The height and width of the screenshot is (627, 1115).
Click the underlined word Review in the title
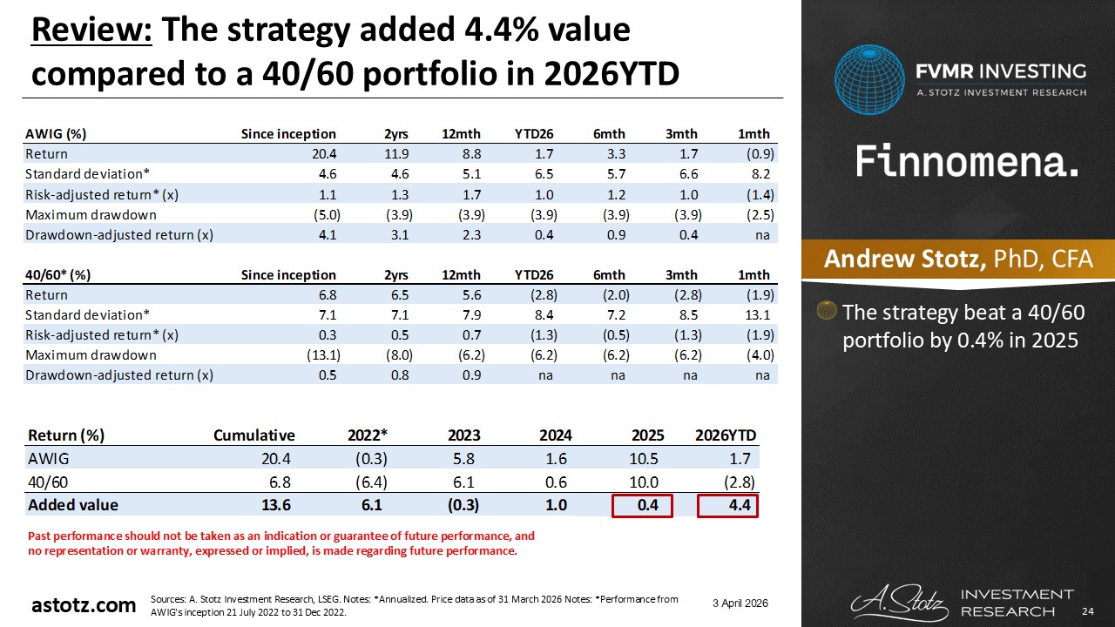(x=91, y=30)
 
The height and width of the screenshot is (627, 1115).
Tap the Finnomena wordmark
(x=967, y=162)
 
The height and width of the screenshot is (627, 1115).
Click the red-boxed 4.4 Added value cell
(x=728, y=504)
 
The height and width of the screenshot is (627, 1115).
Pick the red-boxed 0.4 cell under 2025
(x=643, y=504)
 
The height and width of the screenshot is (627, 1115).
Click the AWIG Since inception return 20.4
(x=321, y=154)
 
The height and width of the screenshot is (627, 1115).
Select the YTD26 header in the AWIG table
(x=535, y=133)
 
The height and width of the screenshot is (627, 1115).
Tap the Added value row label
(x=73, y=504)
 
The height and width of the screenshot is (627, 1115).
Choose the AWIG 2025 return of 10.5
(x=647, y=459)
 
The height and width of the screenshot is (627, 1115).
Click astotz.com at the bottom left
(x=84, y=605)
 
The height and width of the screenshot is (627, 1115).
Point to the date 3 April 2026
(x=739, y=603)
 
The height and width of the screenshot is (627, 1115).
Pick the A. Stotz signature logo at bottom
(x=897, y=601)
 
